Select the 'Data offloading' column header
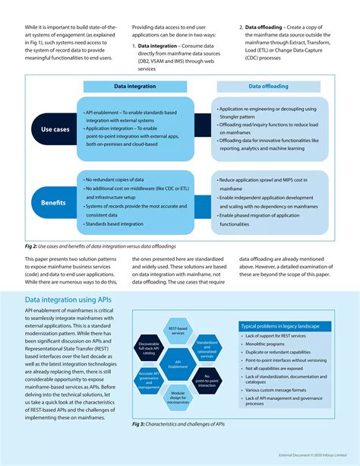tap(267, 86)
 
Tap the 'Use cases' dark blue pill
tap(55, 129)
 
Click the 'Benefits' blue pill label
tap(55, 203)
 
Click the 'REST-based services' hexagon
tap(178, 331)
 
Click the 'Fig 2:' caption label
tap(33, 246)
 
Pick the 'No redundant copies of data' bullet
tap(118, 179)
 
